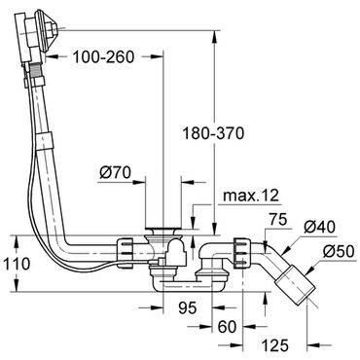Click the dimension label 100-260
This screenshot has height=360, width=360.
(x=103, y=57)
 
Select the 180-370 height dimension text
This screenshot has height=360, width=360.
(x=213, y=133)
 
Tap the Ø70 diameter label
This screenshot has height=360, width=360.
(x=115, y=172)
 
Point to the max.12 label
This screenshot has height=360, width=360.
(x=251, y=196)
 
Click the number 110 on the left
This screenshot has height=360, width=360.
(x=17, y=264)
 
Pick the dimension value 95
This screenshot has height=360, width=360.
(x=188, y=307)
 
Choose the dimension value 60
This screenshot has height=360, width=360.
(x=227, y=327)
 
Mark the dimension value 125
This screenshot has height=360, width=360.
(x=275, y=345)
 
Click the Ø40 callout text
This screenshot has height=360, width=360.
(x=319, y=227)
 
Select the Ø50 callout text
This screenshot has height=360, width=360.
(x=339, y=251)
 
